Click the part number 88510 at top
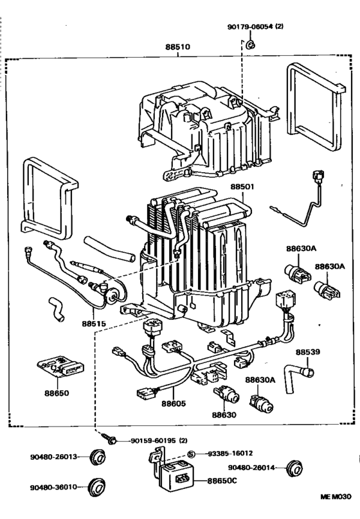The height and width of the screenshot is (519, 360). (178, 47)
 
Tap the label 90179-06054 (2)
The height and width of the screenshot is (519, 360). (255, 26)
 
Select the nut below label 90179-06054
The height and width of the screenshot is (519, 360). (251, 44)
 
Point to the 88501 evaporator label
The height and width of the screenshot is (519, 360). (242, 187)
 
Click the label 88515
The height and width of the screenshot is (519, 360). (94, 323)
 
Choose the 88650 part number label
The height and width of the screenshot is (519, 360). (57, 393)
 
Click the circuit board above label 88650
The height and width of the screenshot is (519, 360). (60, 365)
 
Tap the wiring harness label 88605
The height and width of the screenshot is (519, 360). (174, 403)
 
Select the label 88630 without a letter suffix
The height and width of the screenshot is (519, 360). (224, 415)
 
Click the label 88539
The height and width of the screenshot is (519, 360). (308, 352)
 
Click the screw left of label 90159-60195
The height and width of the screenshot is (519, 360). (109, 438)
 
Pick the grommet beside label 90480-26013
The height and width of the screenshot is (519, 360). (97, 457)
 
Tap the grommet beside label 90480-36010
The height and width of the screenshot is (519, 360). (97, 488)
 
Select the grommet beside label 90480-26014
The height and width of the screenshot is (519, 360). (294, 468)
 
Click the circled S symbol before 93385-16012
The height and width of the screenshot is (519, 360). (191, 454)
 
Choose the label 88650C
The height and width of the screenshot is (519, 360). (222, 480)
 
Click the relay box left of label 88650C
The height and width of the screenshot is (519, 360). (178, 476)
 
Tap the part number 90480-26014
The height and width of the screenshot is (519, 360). (252, 468)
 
